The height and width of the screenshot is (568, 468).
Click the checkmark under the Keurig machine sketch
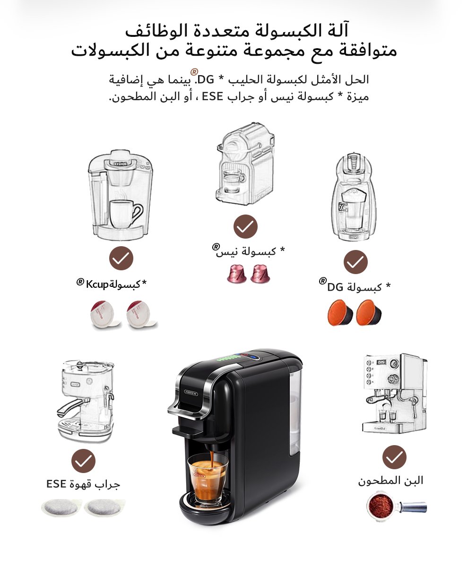(x=121, y=258)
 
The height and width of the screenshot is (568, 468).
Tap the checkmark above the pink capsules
(x=245, y=226)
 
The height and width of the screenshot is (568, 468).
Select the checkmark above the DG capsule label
(x=355, y=262)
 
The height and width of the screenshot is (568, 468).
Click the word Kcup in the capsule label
(x=97, y=284)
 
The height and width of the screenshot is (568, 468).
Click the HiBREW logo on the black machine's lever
(x=191, y=393)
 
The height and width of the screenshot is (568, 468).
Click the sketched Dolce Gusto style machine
(x=354, y=197)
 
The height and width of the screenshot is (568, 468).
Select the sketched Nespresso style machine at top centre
(x=245, y=164)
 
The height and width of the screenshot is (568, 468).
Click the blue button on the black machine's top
(x=254, y=357)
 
